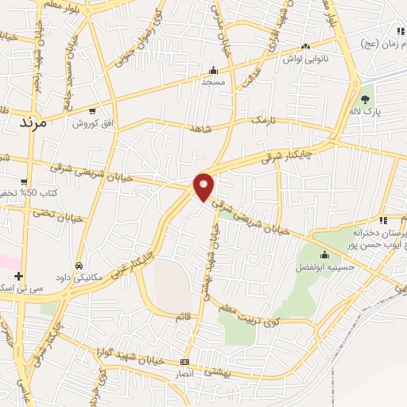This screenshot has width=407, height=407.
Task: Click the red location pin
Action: coord(204,186)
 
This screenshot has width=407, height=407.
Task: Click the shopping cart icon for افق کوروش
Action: coord(93,111)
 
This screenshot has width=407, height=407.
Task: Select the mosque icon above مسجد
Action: coord(212,69)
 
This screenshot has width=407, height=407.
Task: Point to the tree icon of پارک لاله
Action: coord(365,99)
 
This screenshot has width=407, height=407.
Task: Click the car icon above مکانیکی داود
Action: coord(79,265)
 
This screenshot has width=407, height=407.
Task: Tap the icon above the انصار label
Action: coord(185,362)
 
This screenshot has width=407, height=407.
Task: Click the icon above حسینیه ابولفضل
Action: coord(324,254)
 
